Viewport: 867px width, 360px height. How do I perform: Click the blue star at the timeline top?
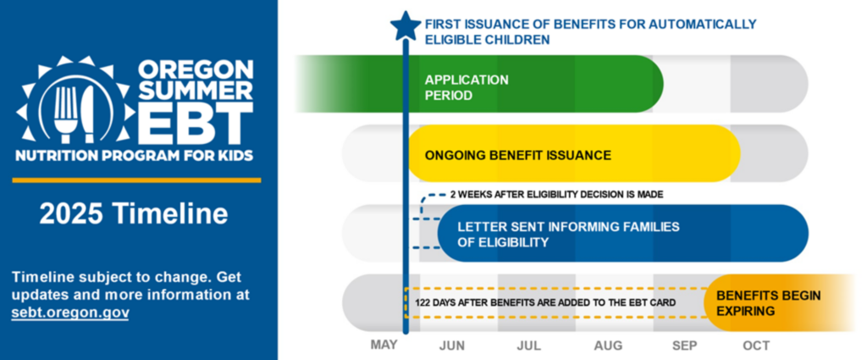click(406, 26)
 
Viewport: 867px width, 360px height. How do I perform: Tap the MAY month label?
click(384, 345)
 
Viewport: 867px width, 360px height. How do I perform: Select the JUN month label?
click(452, 346)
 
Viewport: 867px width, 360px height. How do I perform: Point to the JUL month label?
click(528, 346)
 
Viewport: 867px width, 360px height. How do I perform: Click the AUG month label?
click(608, 346)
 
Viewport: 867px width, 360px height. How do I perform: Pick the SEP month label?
click(684, 346)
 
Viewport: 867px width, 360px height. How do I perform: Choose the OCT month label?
click(756, 346)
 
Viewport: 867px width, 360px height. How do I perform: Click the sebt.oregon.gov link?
click(70, 313)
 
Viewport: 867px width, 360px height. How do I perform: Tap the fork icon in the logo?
click(64, 113)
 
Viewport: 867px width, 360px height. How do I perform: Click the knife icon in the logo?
click(88, 114)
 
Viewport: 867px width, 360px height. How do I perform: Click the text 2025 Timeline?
click(134, 213)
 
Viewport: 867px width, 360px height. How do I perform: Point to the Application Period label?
click(467, 87)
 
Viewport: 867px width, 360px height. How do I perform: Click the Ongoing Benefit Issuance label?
click(518, 155)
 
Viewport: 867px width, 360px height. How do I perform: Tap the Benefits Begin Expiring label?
click(769, 303)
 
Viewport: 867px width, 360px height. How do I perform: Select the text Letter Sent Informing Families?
click(568, 227)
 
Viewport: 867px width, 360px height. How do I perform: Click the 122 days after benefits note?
click(545, 303)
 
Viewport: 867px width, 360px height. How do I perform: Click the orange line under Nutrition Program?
click(136, 180)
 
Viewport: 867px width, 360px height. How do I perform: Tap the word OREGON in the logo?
click(196, 69)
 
